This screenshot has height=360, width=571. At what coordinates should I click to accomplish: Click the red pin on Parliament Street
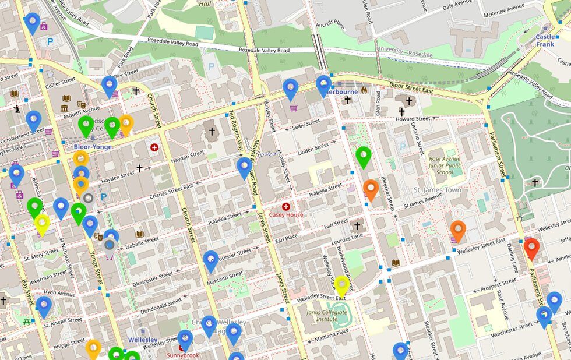click(x=531, y=248)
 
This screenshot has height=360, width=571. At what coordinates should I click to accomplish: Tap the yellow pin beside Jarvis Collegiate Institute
click(x=342, y=285)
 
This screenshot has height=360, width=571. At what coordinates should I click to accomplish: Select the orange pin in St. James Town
click(x=458, y=231)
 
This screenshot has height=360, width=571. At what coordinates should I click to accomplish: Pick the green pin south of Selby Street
click(x=364, y=157)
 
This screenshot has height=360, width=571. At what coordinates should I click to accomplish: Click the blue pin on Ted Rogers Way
click(x=245, y=168)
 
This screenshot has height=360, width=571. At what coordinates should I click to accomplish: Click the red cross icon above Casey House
click(x=285, y=206)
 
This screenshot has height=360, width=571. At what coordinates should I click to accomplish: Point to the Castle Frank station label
click(x=545, y=40)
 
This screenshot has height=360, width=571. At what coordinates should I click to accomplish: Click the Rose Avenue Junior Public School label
click(x=445, y=165)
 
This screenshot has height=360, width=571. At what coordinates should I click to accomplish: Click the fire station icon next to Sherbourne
click(x=365, y=90)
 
